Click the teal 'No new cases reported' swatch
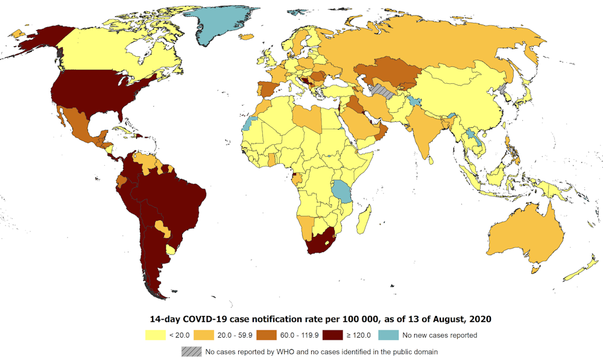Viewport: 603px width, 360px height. click(x=389, y=335)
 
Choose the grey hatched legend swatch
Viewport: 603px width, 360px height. click(x=191, y=351)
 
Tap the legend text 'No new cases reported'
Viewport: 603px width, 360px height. click(x=440, y=335)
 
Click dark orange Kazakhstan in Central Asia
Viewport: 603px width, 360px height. click(x=392, y=72)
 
